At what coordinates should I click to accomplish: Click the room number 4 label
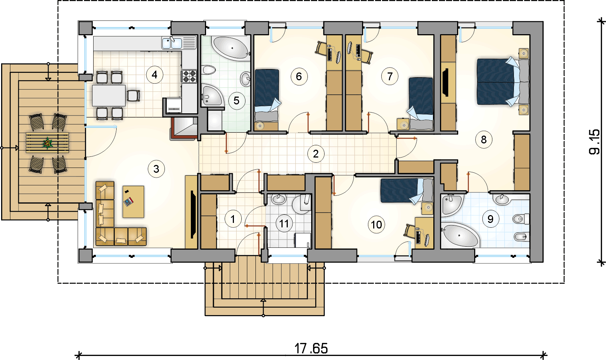click(154, 75)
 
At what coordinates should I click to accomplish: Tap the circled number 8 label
click(484, 140)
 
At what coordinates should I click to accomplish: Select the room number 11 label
click(284, 224)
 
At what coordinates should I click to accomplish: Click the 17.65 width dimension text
click(311, 348)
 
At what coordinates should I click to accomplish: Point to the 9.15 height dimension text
click(594, 142)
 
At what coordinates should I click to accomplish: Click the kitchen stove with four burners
click(189, 76)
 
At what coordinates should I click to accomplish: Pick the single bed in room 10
click(407, 190)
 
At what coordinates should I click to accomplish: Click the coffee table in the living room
click(133, 202)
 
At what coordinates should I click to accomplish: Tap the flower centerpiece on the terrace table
click(48, 143)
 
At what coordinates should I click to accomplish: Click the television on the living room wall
click(193, 214)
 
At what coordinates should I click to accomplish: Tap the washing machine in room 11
click(303, 240)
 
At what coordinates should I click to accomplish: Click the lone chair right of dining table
click(134, 95)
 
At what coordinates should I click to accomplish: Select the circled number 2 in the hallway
click(316, 154)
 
